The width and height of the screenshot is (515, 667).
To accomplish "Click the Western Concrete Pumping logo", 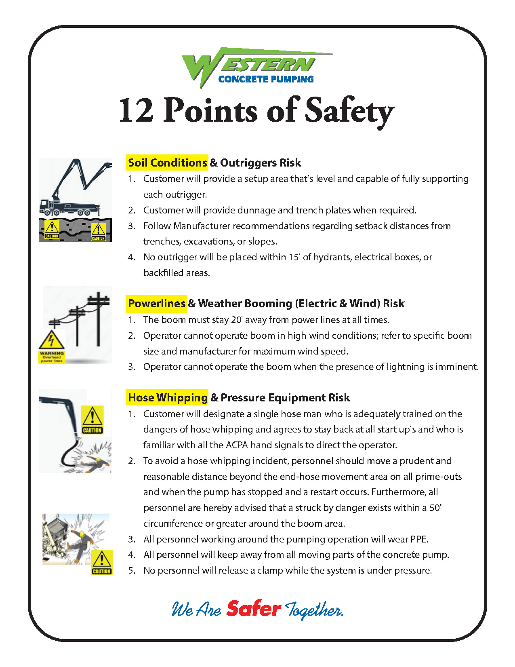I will [x=256, y=67].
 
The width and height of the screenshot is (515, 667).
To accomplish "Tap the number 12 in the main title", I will [x=136, y=110].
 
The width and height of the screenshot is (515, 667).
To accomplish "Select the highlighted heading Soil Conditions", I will [x=167, y=163].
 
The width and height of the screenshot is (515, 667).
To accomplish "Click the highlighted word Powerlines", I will [x=157, y=304].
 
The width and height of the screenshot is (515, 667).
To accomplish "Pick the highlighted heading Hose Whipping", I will [x=168, y=398].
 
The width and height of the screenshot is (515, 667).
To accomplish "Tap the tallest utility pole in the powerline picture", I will [x=98, y=319].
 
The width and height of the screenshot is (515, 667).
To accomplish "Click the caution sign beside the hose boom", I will [x=92, y=420].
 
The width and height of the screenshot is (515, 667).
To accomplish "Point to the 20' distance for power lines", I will [x=236, y=320].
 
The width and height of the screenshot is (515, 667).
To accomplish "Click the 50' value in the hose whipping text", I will [x=435, y=508].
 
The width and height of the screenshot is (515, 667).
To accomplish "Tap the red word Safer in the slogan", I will [x=254, y=609].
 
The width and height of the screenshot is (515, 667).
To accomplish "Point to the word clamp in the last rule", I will [x=270, y=570].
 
